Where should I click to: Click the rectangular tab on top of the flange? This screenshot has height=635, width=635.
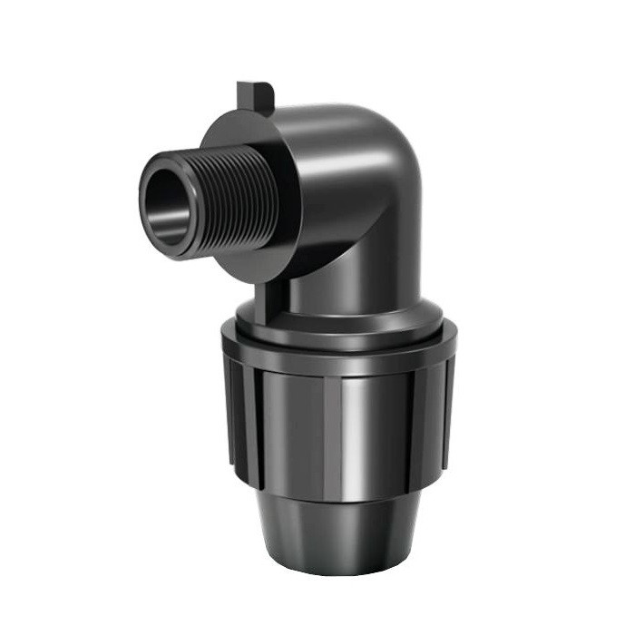tap(254, 95)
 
